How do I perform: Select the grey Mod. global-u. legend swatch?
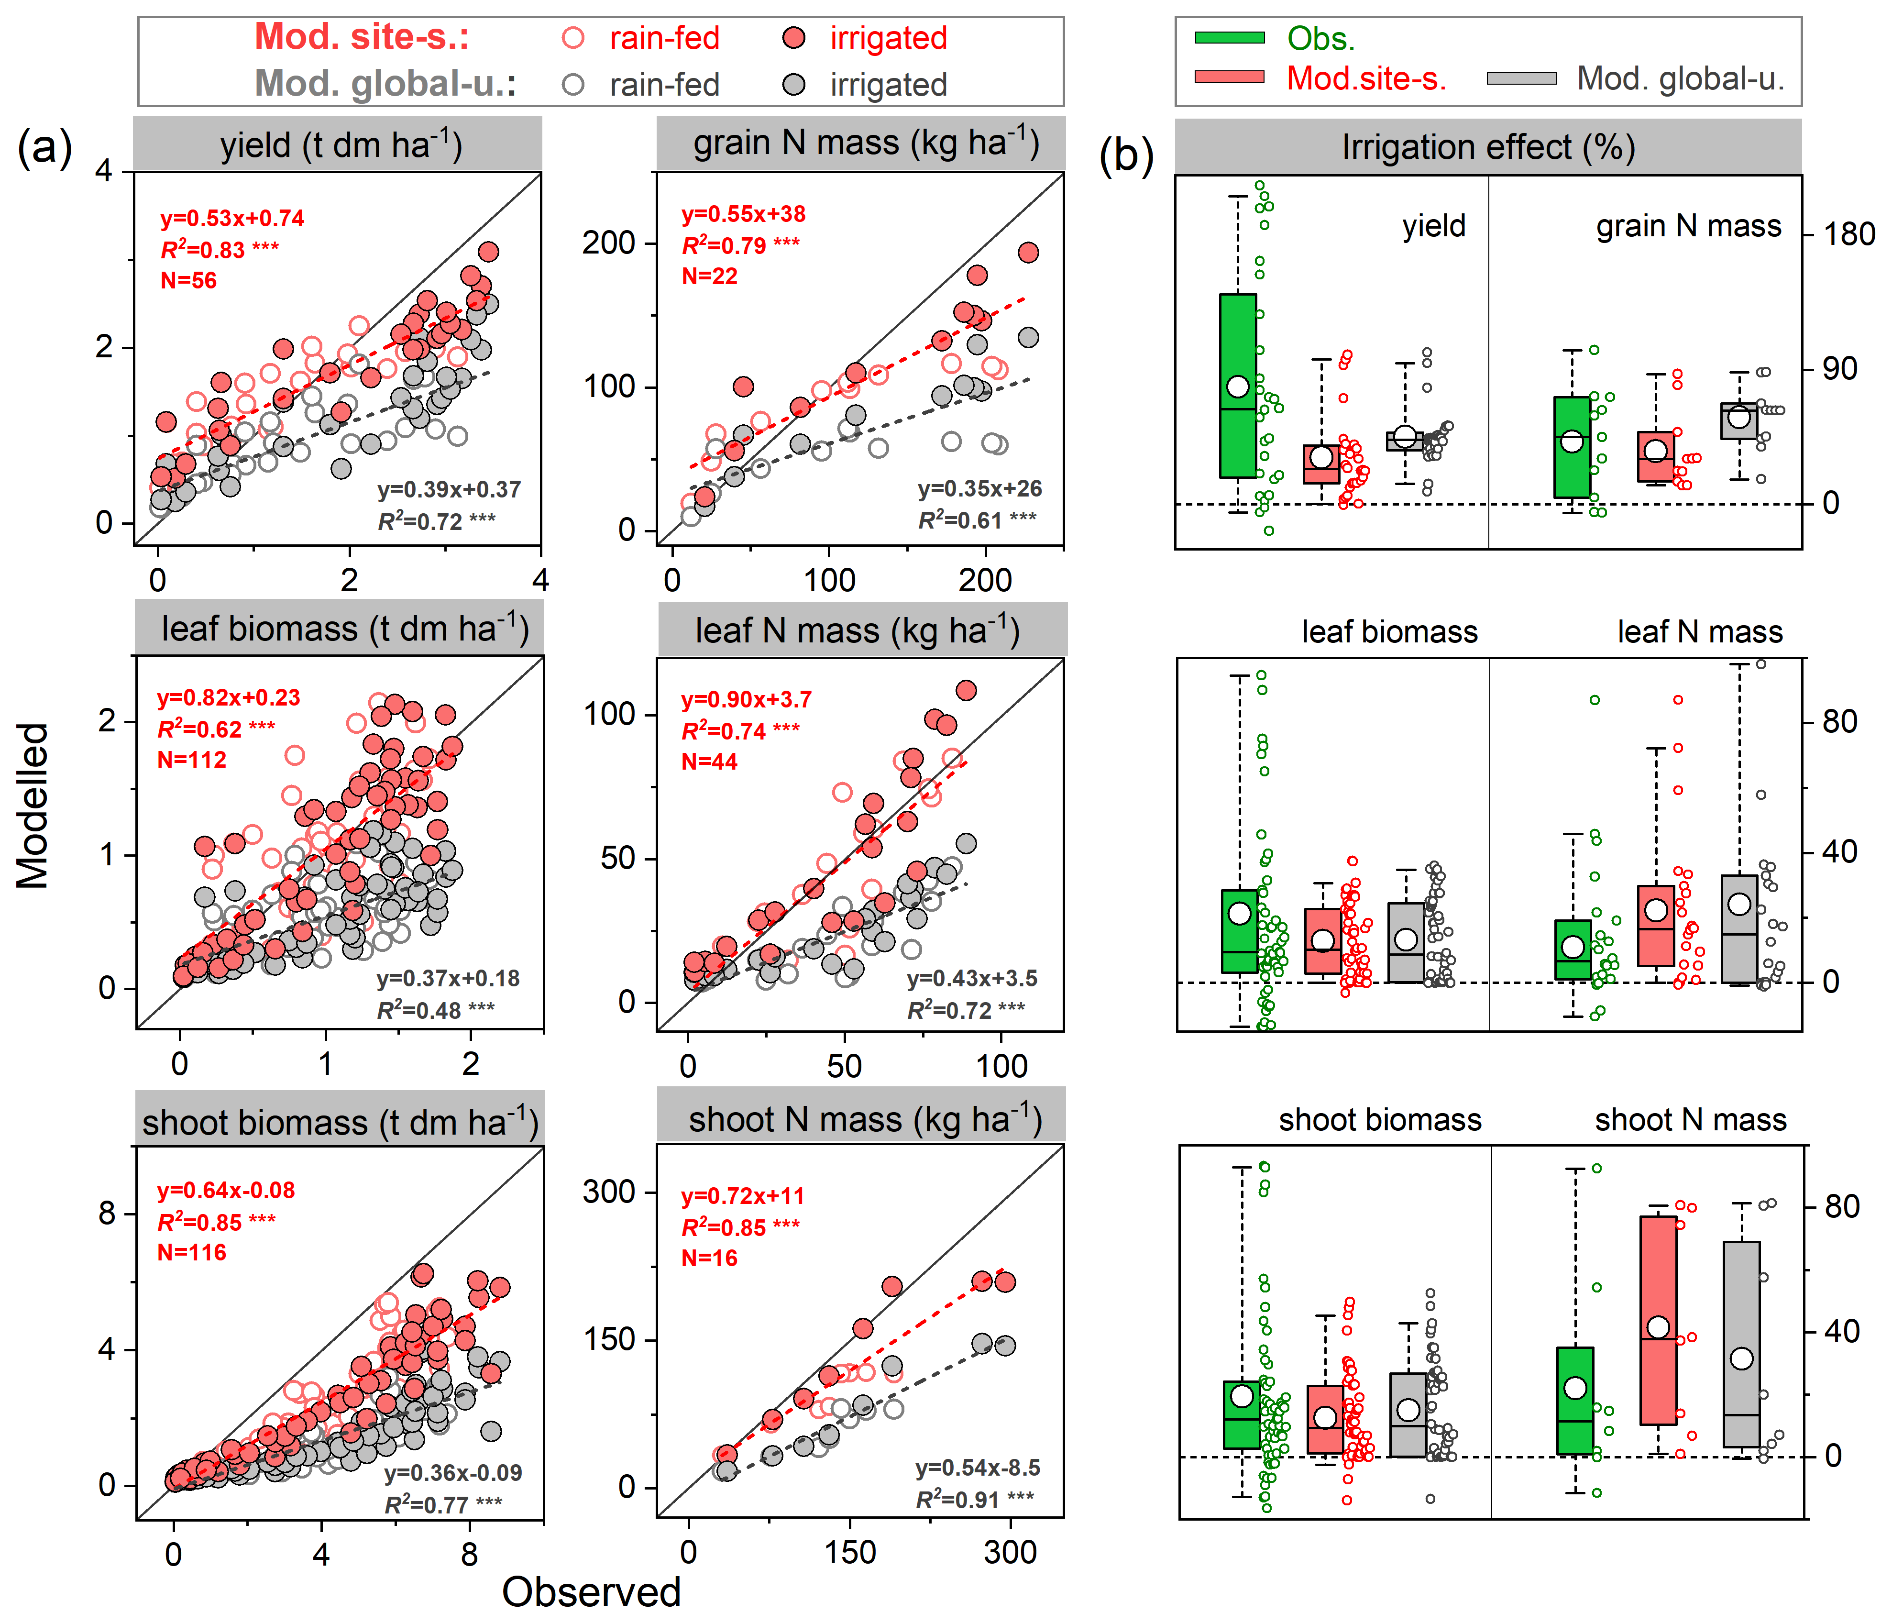(x=1521, y=78)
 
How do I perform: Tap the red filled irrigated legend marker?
(x=794, y=37)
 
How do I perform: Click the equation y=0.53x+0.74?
(x=232, y=218)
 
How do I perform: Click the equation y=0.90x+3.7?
(x=746, y=700)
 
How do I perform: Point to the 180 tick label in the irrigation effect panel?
(x=1849, y=235)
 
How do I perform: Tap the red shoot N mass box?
(x=1657, y=1320)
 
